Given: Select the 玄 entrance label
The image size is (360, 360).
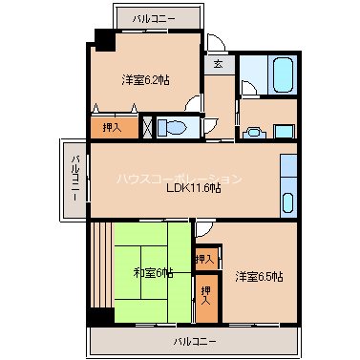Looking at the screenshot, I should point(218,64).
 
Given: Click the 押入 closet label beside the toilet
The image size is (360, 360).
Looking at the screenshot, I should point(111,126).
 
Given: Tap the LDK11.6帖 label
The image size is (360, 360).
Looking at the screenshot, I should point(194,188).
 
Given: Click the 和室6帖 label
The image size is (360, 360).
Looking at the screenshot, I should point(153,273).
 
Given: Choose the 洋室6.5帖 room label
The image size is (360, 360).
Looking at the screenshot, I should point(259,277).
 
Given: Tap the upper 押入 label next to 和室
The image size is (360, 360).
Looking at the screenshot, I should point(204,258).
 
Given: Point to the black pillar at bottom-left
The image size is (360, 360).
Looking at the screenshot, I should point(95,317).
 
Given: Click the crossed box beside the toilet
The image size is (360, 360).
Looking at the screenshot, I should point(147,127).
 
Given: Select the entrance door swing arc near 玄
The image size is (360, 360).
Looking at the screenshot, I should point(217,42).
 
